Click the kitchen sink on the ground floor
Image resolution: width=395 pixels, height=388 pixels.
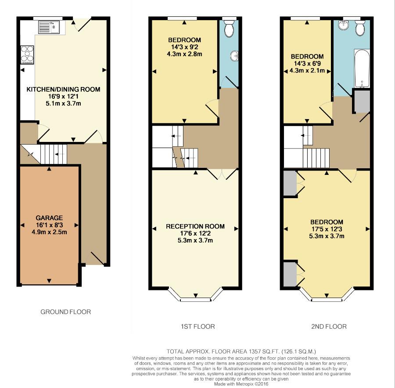(x=49, y=27)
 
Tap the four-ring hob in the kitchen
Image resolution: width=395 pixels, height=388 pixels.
(x=27, y=55)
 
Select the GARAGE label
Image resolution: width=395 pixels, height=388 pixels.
(x=49, y=218)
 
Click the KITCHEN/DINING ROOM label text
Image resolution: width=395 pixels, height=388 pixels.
(x=64, y=89)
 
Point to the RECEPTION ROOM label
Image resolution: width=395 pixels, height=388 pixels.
(x=195, y=226)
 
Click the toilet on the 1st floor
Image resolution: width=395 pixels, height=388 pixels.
(x=229, y=28)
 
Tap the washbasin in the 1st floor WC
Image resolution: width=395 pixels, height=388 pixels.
(x=234, y=55)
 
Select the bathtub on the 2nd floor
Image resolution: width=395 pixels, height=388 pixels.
(x=362, y=68)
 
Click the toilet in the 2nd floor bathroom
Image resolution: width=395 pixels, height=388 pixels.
(x=360, y=28)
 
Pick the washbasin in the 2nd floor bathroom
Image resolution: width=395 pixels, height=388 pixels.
(x=343, y=25)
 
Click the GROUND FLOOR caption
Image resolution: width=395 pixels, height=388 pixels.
(x=65, y=312)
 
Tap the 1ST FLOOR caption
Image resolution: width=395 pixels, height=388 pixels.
(x=198, y=326)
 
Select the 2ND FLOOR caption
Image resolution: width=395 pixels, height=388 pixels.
(x=329, y=326)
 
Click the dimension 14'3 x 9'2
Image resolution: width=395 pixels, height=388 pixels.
(x=185, y=47)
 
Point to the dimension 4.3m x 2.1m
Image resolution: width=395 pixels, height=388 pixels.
(x=307, y=71)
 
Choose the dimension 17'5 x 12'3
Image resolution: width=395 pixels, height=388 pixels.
(x=327, y=229)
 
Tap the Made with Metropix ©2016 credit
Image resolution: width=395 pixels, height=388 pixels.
(x=241, y=384)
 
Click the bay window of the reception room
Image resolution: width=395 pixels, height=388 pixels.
(x=195, y=295)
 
